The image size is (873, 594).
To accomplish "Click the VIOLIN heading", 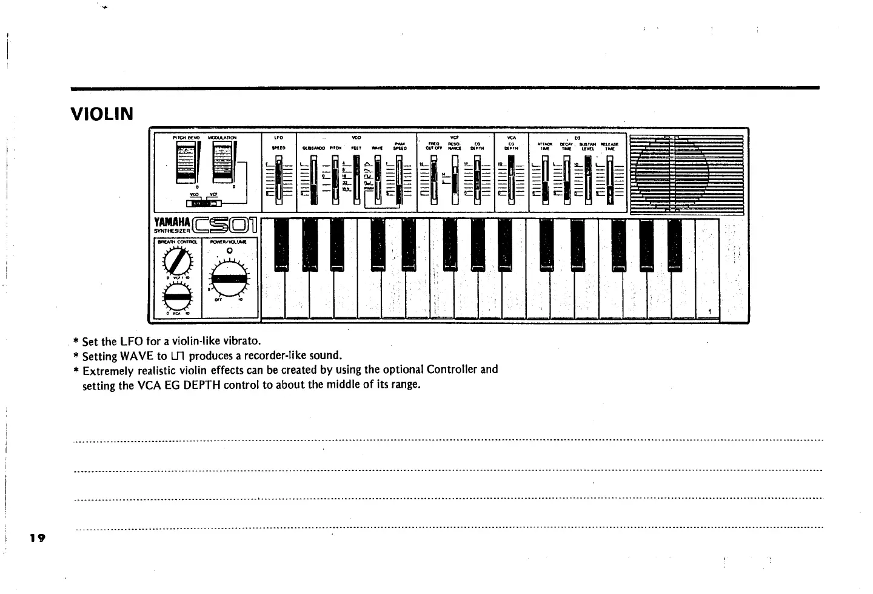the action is point(102,114).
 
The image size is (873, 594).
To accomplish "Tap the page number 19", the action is point(38,538).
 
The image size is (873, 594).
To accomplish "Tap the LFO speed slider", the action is point(279,179).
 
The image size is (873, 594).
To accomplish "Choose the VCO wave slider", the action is point(376,180).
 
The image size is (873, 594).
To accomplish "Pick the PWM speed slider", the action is point(399,180).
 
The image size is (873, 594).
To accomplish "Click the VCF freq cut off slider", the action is point(433,180).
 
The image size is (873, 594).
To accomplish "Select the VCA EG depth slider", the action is point(512,180).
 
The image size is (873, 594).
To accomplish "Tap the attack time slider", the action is point(544,180).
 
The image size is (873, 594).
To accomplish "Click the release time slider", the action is point(609,180).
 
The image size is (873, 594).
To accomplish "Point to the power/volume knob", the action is point(229,280).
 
